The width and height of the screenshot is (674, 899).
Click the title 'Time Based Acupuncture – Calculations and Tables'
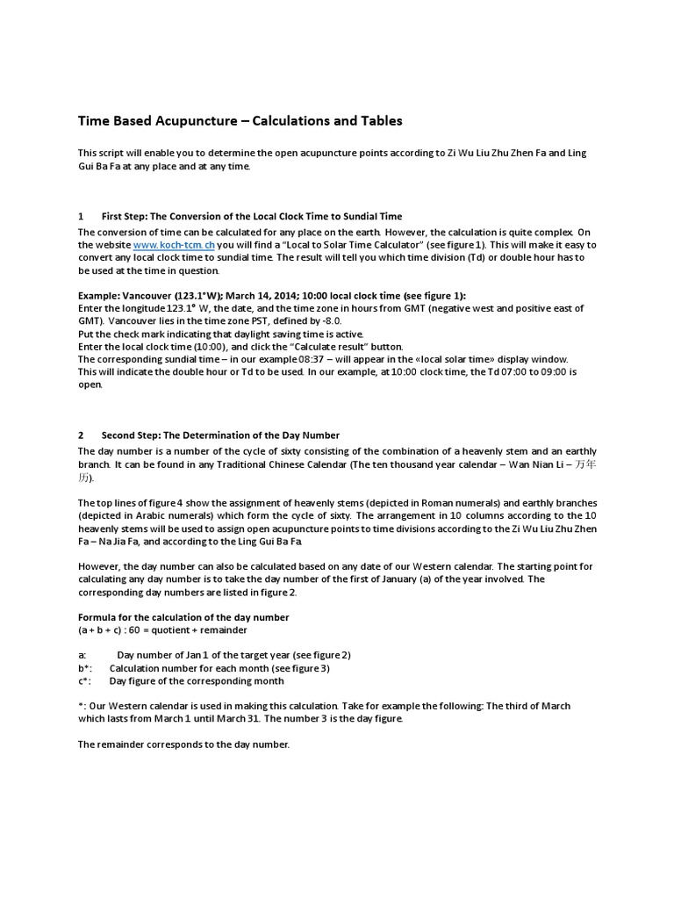240,121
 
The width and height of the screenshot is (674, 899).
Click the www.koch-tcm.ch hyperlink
174,245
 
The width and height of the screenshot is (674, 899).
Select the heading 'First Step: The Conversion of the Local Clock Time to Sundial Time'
252,216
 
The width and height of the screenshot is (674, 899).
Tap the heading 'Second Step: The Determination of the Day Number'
220,435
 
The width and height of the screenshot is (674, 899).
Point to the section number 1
81,216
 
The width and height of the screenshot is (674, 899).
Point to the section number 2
81,435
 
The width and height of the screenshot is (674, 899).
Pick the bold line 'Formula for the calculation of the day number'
183,617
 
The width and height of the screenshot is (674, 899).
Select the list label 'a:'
82,656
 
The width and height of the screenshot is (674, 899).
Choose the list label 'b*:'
84,668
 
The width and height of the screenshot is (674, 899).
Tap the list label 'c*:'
84,681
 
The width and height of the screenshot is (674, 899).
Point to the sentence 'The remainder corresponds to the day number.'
183,744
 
